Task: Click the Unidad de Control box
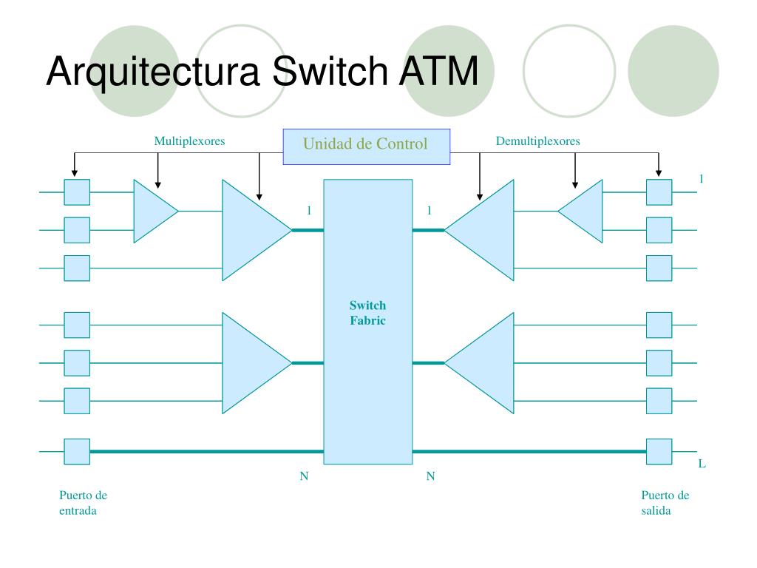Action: pyautogui.click(x=367, y=146)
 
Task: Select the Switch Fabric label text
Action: pyautogui.click(x=368, y=313)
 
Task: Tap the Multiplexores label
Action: pyautogui.click(x=189, y=141)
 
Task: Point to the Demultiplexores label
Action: pyautogui.click(x=538, y=141)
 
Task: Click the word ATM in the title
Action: pyautogui.click(x=438, y=71)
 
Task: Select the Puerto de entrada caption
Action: pyautogui.click(x=83, y=503)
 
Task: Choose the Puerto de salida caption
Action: pyautogui.click(x=665, y=503)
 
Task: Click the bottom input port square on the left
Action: pyautogui.click(x=77, y=452)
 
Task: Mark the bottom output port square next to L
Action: pyautogui.click(x=659, y=452)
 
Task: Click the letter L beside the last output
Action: pyautogui.click(x=702, y=464)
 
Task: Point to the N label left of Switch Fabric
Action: pyautogui.click(x=304, y=476)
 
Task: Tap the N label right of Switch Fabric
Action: pyautogui.click(x=431, y=476)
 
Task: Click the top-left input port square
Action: pyautogui.click(x=77, y=192)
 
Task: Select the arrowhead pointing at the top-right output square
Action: pyautogui.click(x=659, y=173)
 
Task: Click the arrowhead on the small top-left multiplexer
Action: pyautogui.click(x=158, y=184)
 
